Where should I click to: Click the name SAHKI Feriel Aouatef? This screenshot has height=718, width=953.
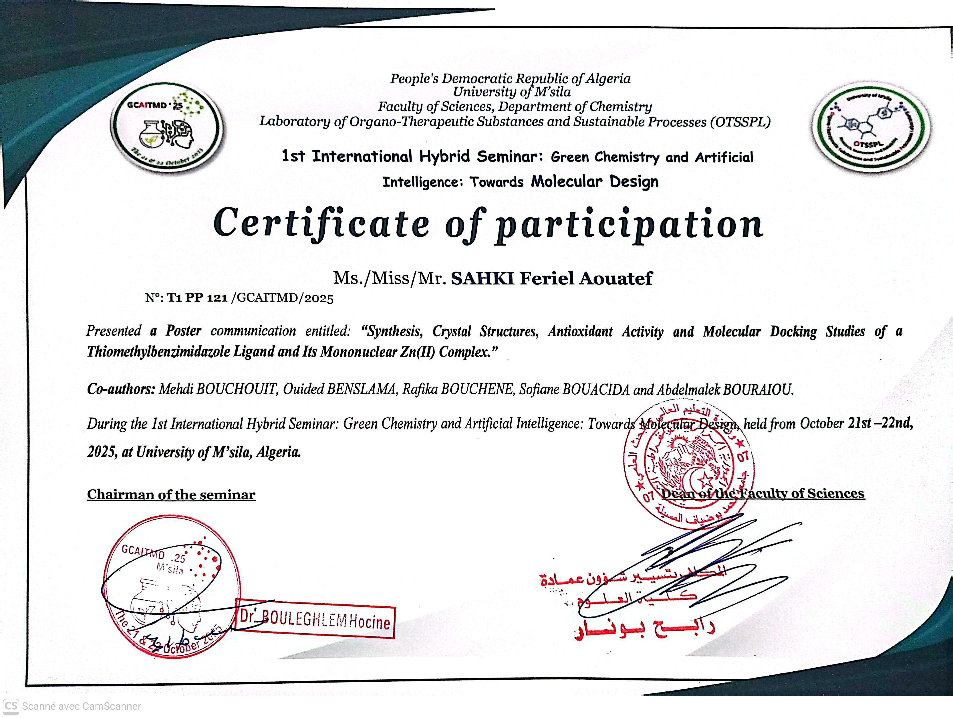coord(551,278)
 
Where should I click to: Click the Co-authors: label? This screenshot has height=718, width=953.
coord(121,389)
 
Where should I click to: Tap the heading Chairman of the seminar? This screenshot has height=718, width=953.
coord(171,494)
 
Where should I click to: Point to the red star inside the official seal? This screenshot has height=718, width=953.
coord(705,479)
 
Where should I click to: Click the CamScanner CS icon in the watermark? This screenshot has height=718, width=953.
coord(11,706)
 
